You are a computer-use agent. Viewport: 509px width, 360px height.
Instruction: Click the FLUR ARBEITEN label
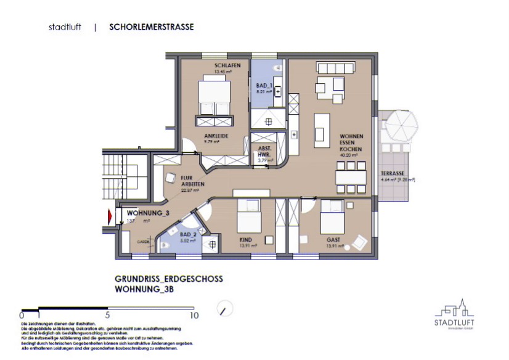192,181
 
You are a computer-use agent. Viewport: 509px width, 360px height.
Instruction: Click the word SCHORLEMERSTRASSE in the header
152,27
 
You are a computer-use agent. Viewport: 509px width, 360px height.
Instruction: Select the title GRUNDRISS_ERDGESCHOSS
168,279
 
